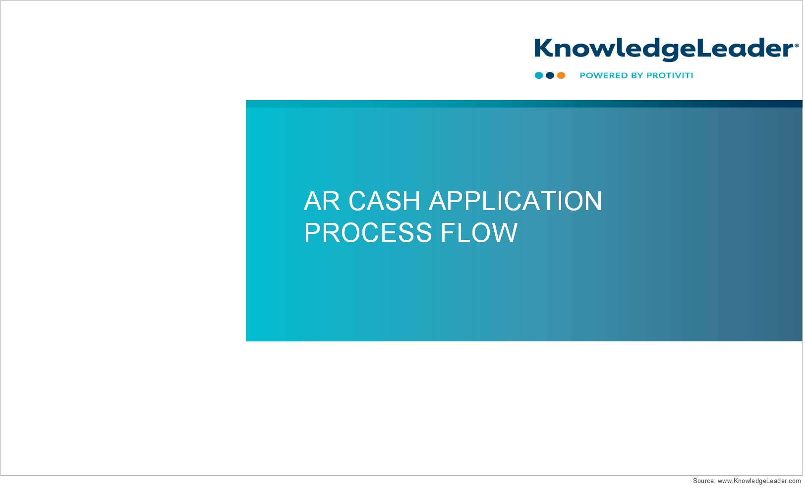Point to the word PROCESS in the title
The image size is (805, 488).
(368, 233)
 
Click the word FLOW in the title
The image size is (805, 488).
(479, 233)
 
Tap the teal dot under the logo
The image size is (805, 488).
(539, 75)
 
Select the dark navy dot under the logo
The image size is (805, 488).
(550, 75)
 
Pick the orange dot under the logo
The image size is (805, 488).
(561, 75)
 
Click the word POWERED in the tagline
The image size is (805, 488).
(602, 75)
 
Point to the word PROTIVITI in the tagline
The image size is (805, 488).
(670, 75)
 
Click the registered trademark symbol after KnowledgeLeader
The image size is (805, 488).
(797, 46)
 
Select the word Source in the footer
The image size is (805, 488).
(704, 481)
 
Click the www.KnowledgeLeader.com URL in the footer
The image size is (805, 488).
(759, 481)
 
